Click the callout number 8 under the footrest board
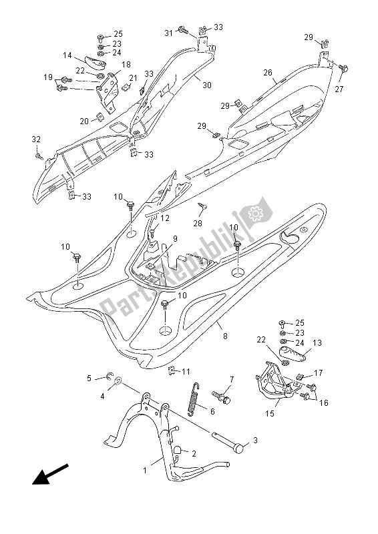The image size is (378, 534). point(224,336)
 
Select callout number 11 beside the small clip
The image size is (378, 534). point(186,371)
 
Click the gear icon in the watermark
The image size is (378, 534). point(254,214)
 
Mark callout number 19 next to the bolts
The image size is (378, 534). point(48,78)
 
